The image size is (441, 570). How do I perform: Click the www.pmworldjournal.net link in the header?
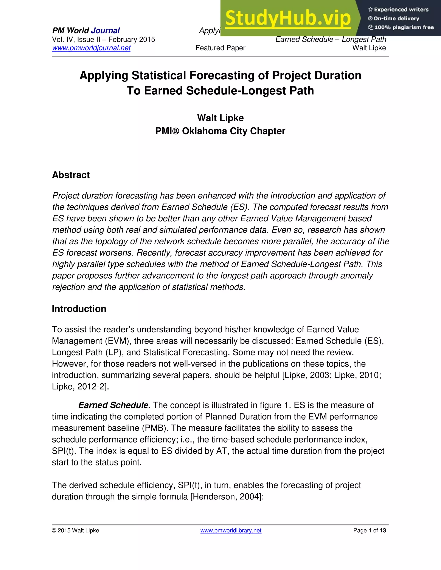pyautogui.click(x=91, y=48)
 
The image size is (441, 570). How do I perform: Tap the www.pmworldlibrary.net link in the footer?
pyautogui.click(x=231, y=530)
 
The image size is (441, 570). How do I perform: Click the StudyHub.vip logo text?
pyautogui.click(x=288, y=18)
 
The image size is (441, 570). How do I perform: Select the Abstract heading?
pyautogui.click(x=71, y=175)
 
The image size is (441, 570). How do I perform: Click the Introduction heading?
pyautogui.click(x=79, y=309)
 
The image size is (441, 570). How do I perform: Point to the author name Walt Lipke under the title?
pyautogui.click(x=220, y=118)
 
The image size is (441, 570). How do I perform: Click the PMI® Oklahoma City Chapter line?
pyautogui.click(x=220, y=131)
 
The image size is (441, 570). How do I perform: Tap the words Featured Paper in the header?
pyautogui.click(x=220, y=48)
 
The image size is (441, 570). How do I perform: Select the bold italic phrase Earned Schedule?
pyautogui.click(x=114, y=405)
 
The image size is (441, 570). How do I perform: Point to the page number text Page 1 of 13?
pyautogui.click(x=370, y=530)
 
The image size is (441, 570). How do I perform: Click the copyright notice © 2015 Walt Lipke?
pyautogui.click(x=76, y=530)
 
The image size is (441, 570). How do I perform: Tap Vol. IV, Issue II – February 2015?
pyautogui.click(x=103, y=39)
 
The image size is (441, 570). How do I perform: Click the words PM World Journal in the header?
pyautogui.click(x=86, y=31)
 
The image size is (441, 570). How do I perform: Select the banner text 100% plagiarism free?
pyautogui.click(x=404, y=27)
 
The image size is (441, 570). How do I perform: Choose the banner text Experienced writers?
pyautogui.click(x=401, y=10)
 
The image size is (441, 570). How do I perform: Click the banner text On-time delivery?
pyautogui.click(x=396, y=18)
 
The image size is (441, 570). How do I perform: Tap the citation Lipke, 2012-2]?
pyautogui.click(x=80, y=387)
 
